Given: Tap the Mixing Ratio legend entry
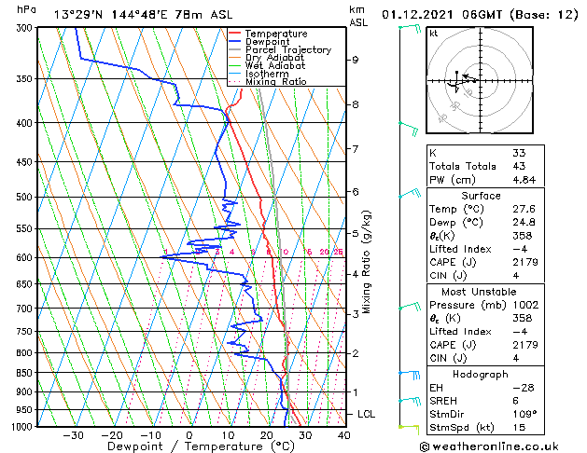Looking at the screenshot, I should click(x=275, y=82).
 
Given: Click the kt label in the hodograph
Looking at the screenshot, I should click(x=434, y=34).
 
